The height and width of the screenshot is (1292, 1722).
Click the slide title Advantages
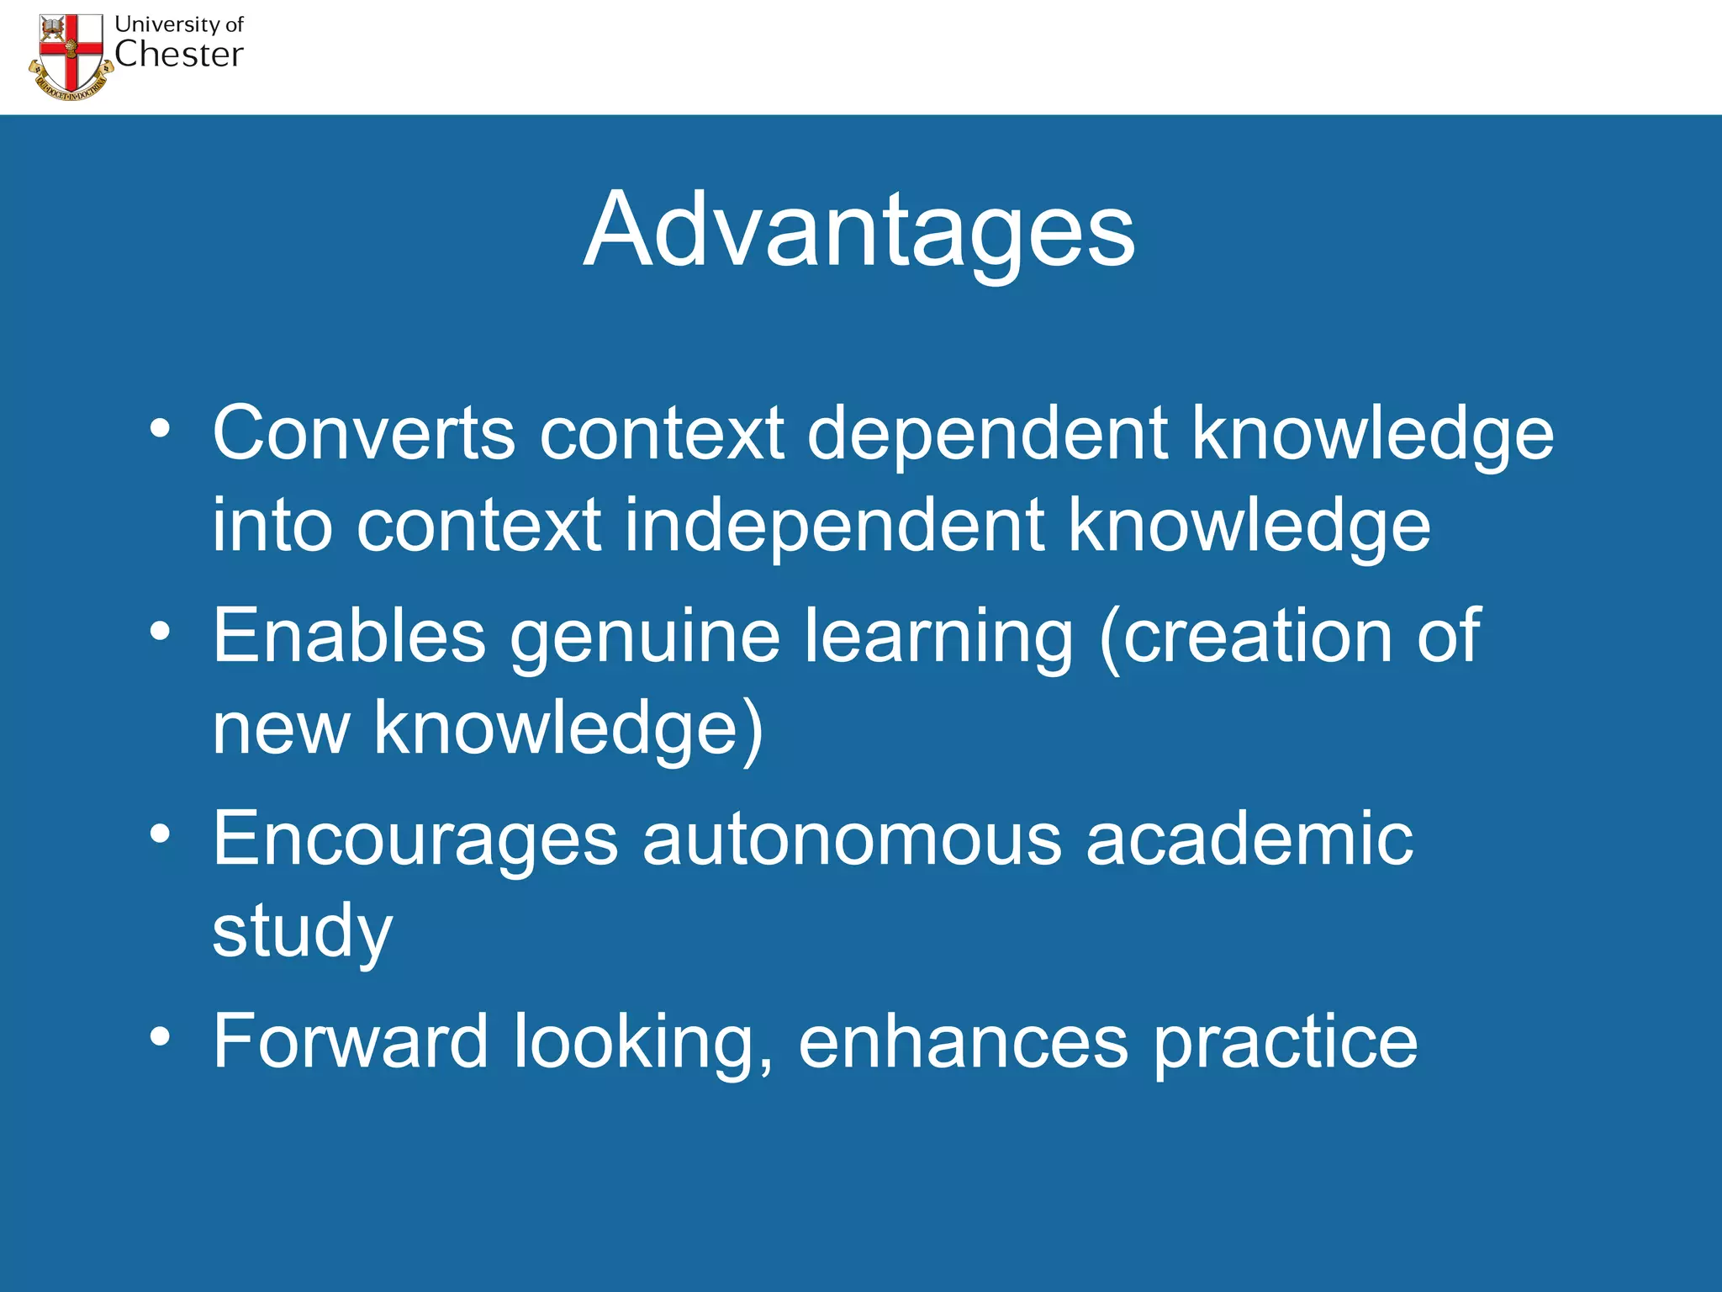click(x=859, y=231)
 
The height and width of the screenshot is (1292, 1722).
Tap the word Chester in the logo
click(x=178, y=56)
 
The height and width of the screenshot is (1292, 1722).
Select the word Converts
click(x=363, y=434)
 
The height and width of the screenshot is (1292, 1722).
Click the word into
click(x=272, y=527)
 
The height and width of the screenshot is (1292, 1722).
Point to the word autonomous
click(x=852, y=839)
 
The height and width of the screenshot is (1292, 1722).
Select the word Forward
click(x=351, y=1041)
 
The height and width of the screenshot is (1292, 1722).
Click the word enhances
click(x=963, y=1041)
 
